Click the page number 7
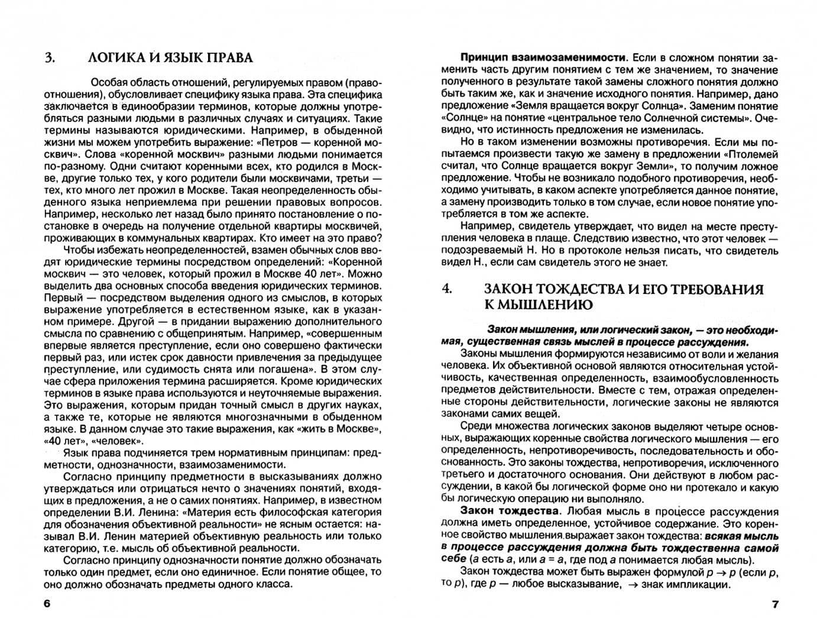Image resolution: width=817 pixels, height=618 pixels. click(776, 604)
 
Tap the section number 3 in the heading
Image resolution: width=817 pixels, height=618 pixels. click(49, 57)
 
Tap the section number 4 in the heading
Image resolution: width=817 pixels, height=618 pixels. click(447, 289)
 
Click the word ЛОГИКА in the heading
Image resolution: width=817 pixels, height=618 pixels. click(114, 57)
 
